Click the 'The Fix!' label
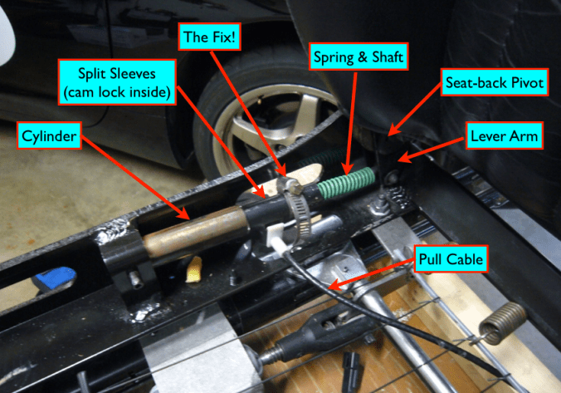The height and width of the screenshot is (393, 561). (x=209, y=37)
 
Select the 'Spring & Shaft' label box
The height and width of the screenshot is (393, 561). (x=359, y=56)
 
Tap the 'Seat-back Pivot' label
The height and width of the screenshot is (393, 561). (x=495, y=82)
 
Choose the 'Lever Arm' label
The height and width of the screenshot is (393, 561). (x=505, y=135)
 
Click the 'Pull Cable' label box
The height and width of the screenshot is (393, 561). (x=451, y=259)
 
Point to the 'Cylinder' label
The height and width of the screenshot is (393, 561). (x=49, y=135)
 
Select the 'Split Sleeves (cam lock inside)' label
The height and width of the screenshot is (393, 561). (x=117, y=82)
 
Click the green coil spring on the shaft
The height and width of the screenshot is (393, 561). (x=346, y=183)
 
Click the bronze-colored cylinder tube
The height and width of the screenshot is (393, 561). (x=196, y=231)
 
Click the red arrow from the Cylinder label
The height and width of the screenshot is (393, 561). (x=135, y=177)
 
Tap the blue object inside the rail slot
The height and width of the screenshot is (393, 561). (x=55, y=278)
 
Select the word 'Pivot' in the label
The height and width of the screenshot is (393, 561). (x=527, y=83)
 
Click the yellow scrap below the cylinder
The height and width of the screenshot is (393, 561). (x=194, y=270)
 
